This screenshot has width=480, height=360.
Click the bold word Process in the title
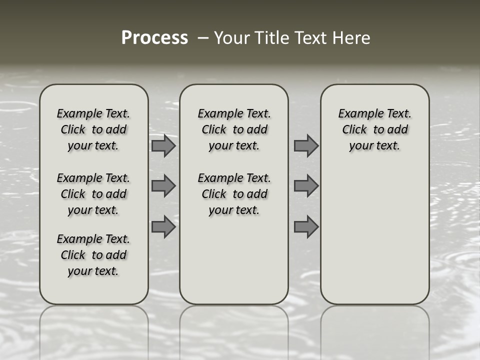(154, 38)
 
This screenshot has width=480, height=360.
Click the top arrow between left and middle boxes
(163, 145)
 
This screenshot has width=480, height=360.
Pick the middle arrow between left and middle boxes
(163, 186)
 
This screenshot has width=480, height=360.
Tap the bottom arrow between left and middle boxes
(163, 227)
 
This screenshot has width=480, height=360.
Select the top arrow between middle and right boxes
(306, 145)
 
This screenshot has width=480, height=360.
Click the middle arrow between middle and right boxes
(306, 186)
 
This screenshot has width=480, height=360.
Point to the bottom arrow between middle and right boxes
(306, 227)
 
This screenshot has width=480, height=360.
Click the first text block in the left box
(93, 129)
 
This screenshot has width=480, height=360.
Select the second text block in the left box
(93, 194)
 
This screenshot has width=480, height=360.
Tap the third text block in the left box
(93, 255)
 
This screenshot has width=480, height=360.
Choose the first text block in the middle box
(234, 129)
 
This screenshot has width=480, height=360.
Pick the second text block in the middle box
(234, 194)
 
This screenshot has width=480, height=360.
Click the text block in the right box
(375, 129)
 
